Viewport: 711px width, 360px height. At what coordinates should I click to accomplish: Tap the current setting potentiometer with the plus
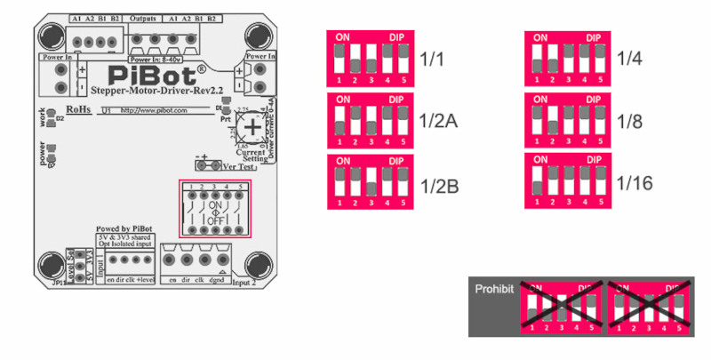252,128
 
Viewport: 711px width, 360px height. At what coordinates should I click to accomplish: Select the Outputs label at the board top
144,18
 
